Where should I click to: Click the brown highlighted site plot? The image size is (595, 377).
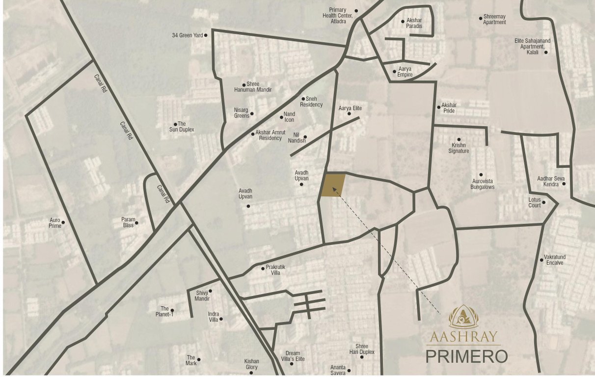pos(332,185)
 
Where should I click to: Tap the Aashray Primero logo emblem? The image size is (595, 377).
pos(463,317)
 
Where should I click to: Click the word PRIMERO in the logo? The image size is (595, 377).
pos(466,356)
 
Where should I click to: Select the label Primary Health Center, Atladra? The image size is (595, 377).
pos(338,15)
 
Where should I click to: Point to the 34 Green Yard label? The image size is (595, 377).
pos(187,35)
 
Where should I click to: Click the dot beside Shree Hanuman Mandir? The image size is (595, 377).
pos(244,84)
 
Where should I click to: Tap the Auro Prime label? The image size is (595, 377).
pos(55,223)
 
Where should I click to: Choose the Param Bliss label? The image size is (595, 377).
pos(128,222)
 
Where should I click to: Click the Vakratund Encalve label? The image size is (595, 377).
pos(555,260)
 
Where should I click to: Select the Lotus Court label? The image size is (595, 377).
pos(534,203)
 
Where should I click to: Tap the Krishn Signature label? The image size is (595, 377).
pos(459,148)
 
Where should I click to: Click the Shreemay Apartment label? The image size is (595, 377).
pos(494,20)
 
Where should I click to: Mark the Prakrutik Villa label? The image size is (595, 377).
pos(273,270)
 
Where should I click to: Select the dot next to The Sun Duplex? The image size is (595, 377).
pos(175,124)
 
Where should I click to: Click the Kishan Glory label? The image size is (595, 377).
pos(251,364)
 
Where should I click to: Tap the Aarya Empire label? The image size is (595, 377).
pos(405,72)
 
